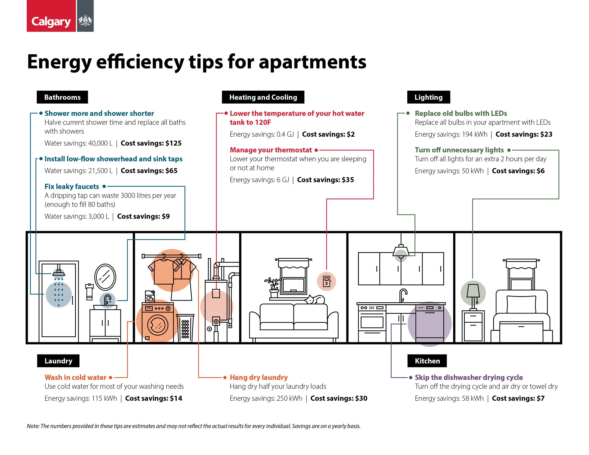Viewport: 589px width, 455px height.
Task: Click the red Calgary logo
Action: (51, 16)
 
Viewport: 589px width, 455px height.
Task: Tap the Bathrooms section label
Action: (62, 97)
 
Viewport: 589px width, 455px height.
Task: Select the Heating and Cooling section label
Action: (263, 97)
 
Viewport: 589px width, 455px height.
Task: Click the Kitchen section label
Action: (427, 361)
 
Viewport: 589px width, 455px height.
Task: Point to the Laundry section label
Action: (58, 361)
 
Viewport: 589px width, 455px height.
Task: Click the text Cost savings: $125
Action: (151, 143)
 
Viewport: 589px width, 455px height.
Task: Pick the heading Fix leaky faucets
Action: (72, 187)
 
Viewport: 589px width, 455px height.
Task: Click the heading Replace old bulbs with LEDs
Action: (461, 114)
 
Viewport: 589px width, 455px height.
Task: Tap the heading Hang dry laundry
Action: (259, 377)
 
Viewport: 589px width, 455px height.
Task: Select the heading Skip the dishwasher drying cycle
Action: (469, 377)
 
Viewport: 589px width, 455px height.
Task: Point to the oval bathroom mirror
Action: (105, 277)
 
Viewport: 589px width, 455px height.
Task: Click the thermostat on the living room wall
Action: (327, 281)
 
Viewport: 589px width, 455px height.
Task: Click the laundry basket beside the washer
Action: (185, 328)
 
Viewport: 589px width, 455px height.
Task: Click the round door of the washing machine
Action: (157, 325)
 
